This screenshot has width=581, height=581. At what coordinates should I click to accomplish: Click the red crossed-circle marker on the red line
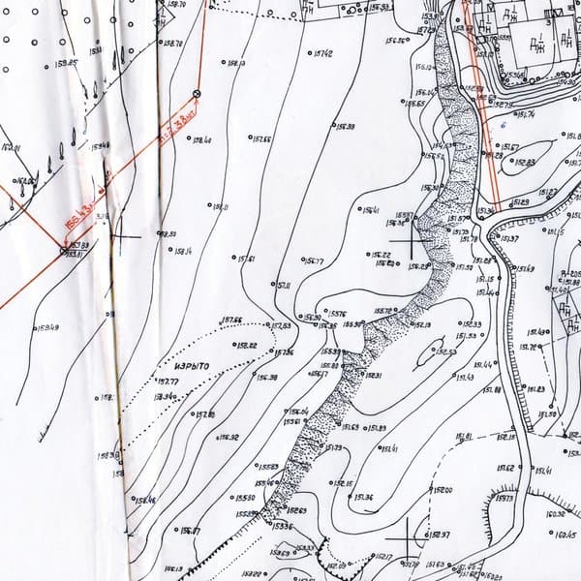pos(198,94)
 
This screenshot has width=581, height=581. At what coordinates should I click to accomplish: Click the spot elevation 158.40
pos(202,140)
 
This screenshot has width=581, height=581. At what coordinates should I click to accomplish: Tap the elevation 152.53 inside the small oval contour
pos(446,351)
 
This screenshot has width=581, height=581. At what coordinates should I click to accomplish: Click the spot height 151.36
pos(364,498)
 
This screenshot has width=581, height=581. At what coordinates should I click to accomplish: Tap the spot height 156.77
pos(314,261)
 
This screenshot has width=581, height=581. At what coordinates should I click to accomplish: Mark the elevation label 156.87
pos(189,531)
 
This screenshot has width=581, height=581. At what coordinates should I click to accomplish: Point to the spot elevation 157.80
pos(204,414)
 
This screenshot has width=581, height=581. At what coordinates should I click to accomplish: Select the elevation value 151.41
pos(388,448)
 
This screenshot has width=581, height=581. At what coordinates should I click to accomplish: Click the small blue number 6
pos(504,125)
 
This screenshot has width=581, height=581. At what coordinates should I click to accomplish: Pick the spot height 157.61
pos(245,259)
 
